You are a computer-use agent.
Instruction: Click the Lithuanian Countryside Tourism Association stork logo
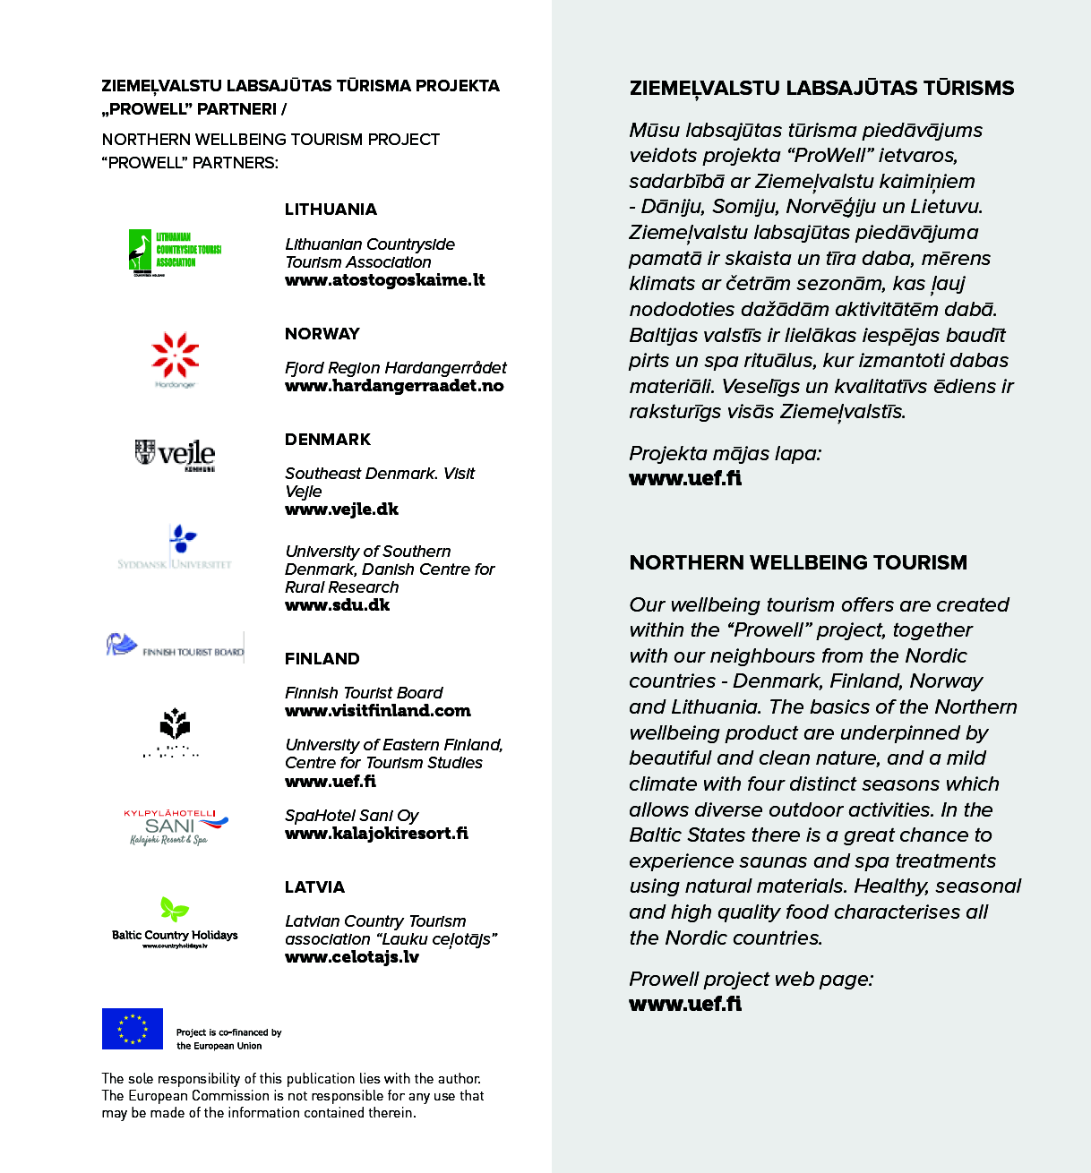click(x=175, y=252)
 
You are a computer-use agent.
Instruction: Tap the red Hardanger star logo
click(x=176, y=357)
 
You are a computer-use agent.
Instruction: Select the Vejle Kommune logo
click(x=176, y=454)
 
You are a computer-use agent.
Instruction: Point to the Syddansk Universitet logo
click(x=176, y=548)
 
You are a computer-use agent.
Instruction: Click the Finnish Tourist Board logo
click(x=176, y=646)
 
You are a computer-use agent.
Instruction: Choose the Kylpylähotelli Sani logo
click(x=176, y=826)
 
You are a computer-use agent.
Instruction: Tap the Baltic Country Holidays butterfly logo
click(x=175, y=921)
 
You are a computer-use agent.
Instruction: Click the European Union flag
click(x=133, y=1029)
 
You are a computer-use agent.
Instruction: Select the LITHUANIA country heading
click(x=331, y=210)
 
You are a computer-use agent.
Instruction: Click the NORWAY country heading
click(x=322, y=334)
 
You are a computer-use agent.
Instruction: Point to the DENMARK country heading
click(x=328, y=440)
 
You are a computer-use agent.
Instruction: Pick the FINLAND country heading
click(x=322, y=659)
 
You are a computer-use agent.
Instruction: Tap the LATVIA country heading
click(x=314, y=887)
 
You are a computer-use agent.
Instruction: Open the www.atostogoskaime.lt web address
click(x=385, y=280)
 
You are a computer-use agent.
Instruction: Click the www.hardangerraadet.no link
click(x=394, y=386)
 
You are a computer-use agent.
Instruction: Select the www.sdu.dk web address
click(x=338, y=605)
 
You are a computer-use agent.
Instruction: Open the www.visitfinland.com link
click(x=378, y=711)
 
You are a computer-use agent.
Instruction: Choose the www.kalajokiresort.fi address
click(x=376, y=834)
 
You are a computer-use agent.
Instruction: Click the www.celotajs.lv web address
click(x=352, y=957)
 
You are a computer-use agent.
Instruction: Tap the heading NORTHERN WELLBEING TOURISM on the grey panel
click(x=798, y=563)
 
